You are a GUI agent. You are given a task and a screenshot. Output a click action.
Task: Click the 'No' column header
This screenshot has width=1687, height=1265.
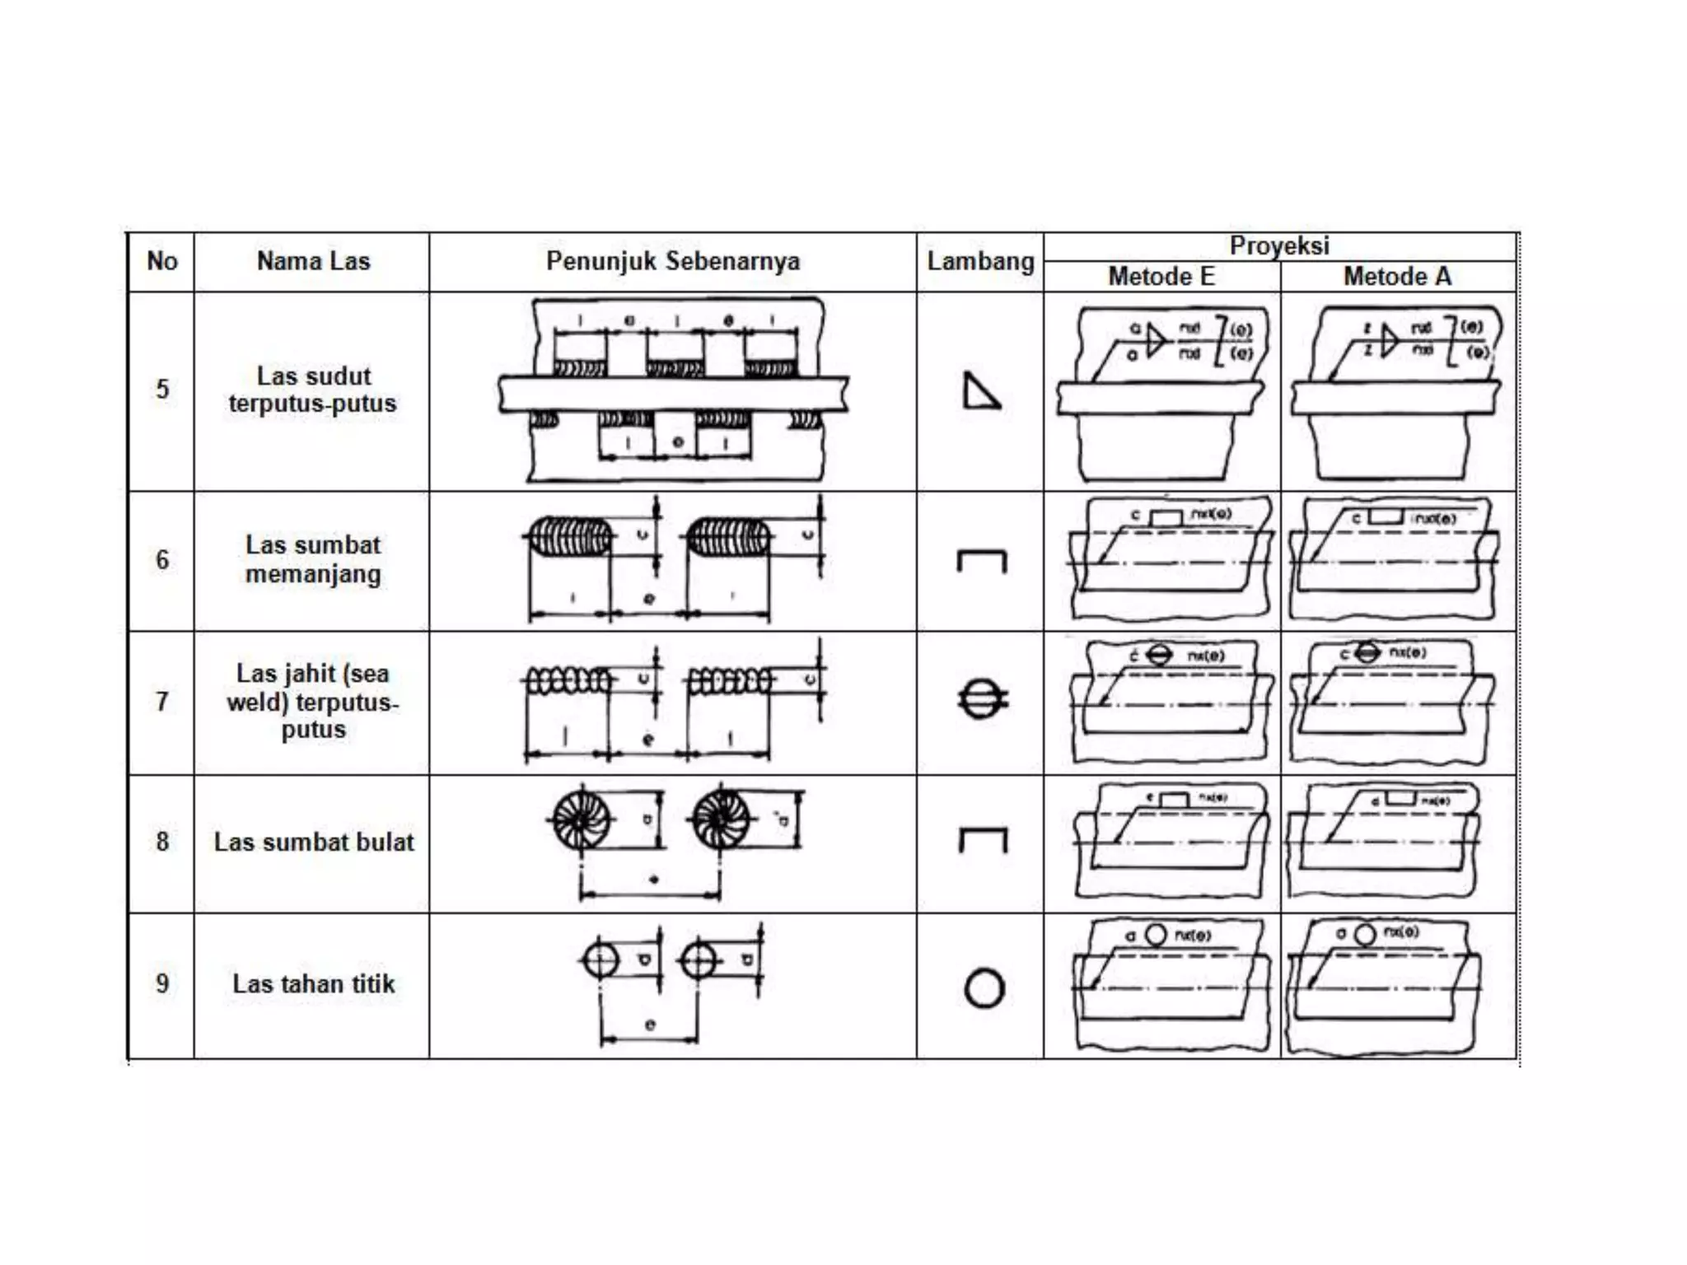pos(162,261)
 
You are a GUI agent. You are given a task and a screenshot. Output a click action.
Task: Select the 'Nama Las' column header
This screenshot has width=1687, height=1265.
pos(313,261)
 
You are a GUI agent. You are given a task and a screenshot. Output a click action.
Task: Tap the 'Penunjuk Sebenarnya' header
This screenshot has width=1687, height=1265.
pos(673,261)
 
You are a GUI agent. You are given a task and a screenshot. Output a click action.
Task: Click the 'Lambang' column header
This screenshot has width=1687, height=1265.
pos(980,261)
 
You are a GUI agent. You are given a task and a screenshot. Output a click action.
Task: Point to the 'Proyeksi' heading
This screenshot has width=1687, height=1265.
pos(1279,245)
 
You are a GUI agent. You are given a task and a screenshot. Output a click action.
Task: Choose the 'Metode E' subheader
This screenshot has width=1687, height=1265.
pos(1161,276)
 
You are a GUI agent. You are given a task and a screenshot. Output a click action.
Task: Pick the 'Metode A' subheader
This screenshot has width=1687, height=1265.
pos(1397,276)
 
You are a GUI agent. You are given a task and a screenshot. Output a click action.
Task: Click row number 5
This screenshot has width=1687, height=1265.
pos(162,389)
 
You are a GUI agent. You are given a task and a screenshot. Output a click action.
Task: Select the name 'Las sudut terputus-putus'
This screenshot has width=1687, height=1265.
pos(313,390)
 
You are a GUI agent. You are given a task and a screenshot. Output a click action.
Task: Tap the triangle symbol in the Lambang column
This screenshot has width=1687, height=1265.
pos(980,392)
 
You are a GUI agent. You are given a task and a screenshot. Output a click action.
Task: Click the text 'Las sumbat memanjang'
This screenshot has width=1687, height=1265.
pos(313,559)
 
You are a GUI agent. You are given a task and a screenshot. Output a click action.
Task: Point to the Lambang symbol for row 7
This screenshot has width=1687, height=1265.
pos(982,699)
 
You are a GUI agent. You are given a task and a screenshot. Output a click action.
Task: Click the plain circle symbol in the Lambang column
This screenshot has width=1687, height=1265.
pos(984,988)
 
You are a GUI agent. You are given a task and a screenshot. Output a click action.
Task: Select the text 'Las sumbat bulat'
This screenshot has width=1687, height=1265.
pos(313,842)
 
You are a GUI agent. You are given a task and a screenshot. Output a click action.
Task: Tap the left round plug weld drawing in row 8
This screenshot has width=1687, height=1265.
pos(582,820)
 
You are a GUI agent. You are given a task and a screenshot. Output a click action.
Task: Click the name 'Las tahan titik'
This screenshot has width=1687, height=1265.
pos(313,983)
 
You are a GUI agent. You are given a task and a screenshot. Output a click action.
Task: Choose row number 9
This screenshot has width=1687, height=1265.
pos(162,983)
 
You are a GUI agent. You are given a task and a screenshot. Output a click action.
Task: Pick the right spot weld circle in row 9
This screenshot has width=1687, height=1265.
pos(699,960)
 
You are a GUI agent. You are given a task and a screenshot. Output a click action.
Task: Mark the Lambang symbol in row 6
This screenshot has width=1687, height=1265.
pos(981,561)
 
